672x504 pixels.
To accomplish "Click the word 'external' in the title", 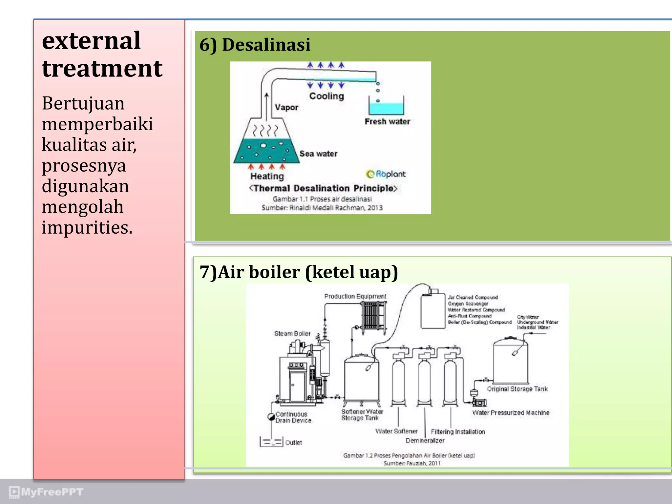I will (x=91, y=41).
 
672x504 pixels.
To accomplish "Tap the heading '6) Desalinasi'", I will (x=255, y=45).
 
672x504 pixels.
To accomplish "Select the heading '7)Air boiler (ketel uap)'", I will (x=299, y=272).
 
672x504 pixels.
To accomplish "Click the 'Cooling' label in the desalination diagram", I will (x=326, y=96).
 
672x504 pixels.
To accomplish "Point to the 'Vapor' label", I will (x=286, y=107).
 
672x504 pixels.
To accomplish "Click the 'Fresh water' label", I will (x=387, y=122).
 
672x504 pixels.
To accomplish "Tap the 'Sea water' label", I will (x=318, y=154).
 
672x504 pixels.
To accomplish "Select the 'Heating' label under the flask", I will (x=267, y=176).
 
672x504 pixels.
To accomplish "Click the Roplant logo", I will (x=386, y=174).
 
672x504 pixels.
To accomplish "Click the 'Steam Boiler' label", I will (x=292, y=333).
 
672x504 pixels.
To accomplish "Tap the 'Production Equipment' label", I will (x=355, y=296).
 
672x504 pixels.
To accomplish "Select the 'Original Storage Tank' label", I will (x=517, y=389).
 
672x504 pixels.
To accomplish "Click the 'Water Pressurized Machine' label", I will (x=511, y=413).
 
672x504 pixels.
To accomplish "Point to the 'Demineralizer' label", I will (x=425, y=441).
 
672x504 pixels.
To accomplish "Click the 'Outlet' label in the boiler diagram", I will (x=293, y=443).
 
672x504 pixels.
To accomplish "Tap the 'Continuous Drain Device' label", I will (x=293, y=417).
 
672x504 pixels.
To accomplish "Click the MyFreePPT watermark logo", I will (x=46, y=492).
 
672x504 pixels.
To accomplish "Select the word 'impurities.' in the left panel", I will (x=87, y=227).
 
